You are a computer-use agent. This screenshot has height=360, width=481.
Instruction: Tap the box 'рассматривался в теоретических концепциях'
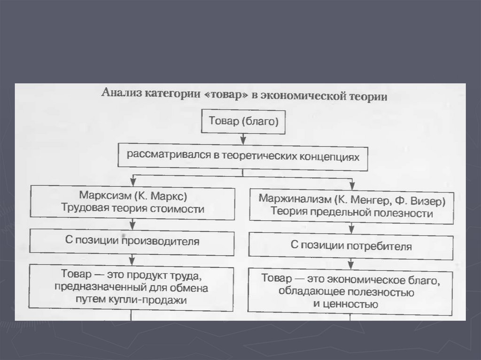coord(242,156)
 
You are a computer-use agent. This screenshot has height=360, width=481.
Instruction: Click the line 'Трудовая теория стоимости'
coord(132,209)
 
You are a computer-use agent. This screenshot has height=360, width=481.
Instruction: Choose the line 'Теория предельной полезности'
coord(351,212)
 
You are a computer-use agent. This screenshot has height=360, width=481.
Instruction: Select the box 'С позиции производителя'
coord(132,242)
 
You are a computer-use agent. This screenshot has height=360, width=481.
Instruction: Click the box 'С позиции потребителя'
coord(351,245)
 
